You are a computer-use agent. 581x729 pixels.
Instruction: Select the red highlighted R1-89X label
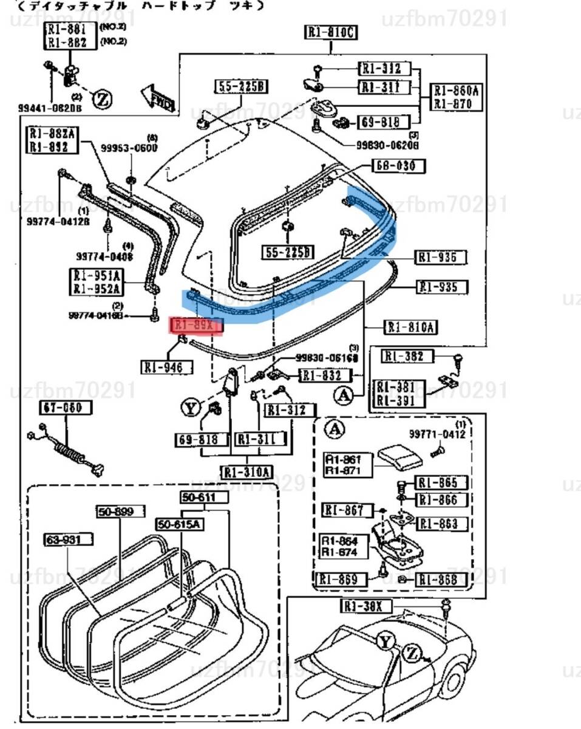coord(198,326)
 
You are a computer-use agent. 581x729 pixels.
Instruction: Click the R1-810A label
coord(412,328)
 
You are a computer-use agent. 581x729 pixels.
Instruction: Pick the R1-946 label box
coord(167,367)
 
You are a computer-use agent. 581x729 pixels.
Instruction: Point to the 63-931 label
coord(68,539)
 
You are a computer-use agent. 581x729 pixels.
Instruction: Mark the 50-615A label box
coord(180,524)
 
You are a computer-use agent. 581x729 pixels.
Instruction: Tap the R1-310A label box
coord(248,472)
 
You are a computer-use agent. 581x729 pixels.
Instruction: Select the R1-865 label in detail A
coord(441,484)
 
